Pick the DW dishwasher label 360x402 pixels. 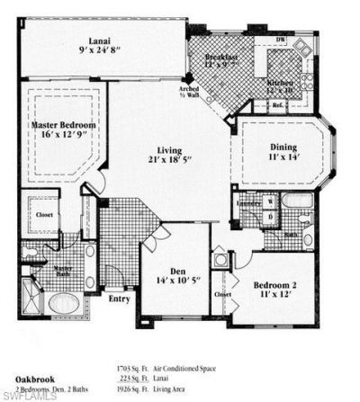point(281,40)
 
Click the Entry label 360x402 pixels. point(119,299)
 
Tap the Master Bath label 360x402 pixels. point(63,270)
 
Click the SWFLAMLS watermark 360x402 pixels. point(27,394)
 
